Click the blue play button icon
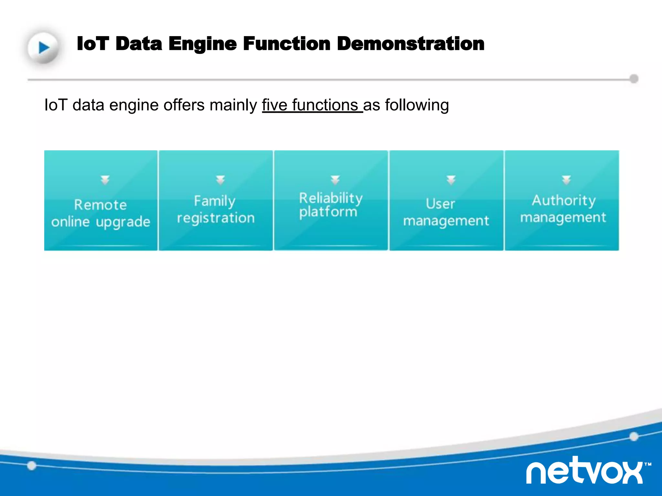(43, 48)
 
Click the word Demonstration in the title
(411, 44)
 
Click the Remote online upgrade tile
(101, 200)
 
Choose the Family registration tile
(216, 200)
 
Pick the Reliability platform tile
(331, 200)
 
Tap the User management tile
(446, 200)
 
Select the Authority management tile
(562, 200)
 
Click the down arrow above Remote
(105, 180)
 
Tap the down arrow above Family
(220, 180)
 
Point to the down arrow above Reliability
(335, 180)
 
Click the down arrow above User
(451, 180)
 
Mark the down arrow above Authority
(566, 180)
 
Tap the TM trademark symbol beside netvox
(648, 465)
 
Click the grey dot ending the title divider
(634, 79)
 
